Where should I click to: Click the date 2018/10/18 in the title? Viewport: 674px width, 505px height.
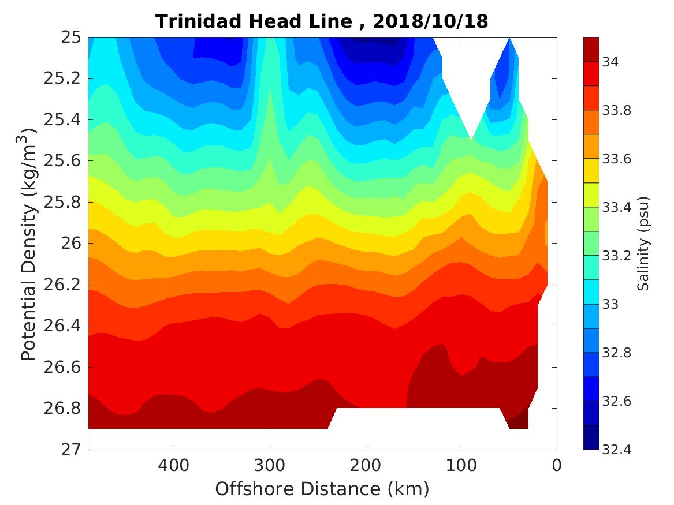430,21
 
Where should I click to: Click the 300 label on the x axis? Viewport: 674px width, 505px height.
270,465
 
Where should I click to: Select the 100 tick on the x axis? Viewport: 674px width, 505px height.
461,465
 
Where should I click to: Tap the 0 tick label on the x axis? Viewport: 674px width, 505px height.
557,465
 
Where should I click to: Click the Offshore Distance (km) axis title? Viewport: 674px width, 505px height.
322,489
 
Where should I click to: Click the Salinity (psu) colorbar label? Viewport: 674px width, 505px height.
643,244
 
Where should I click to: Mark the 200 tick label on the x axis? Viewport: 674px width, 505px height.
365,465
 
